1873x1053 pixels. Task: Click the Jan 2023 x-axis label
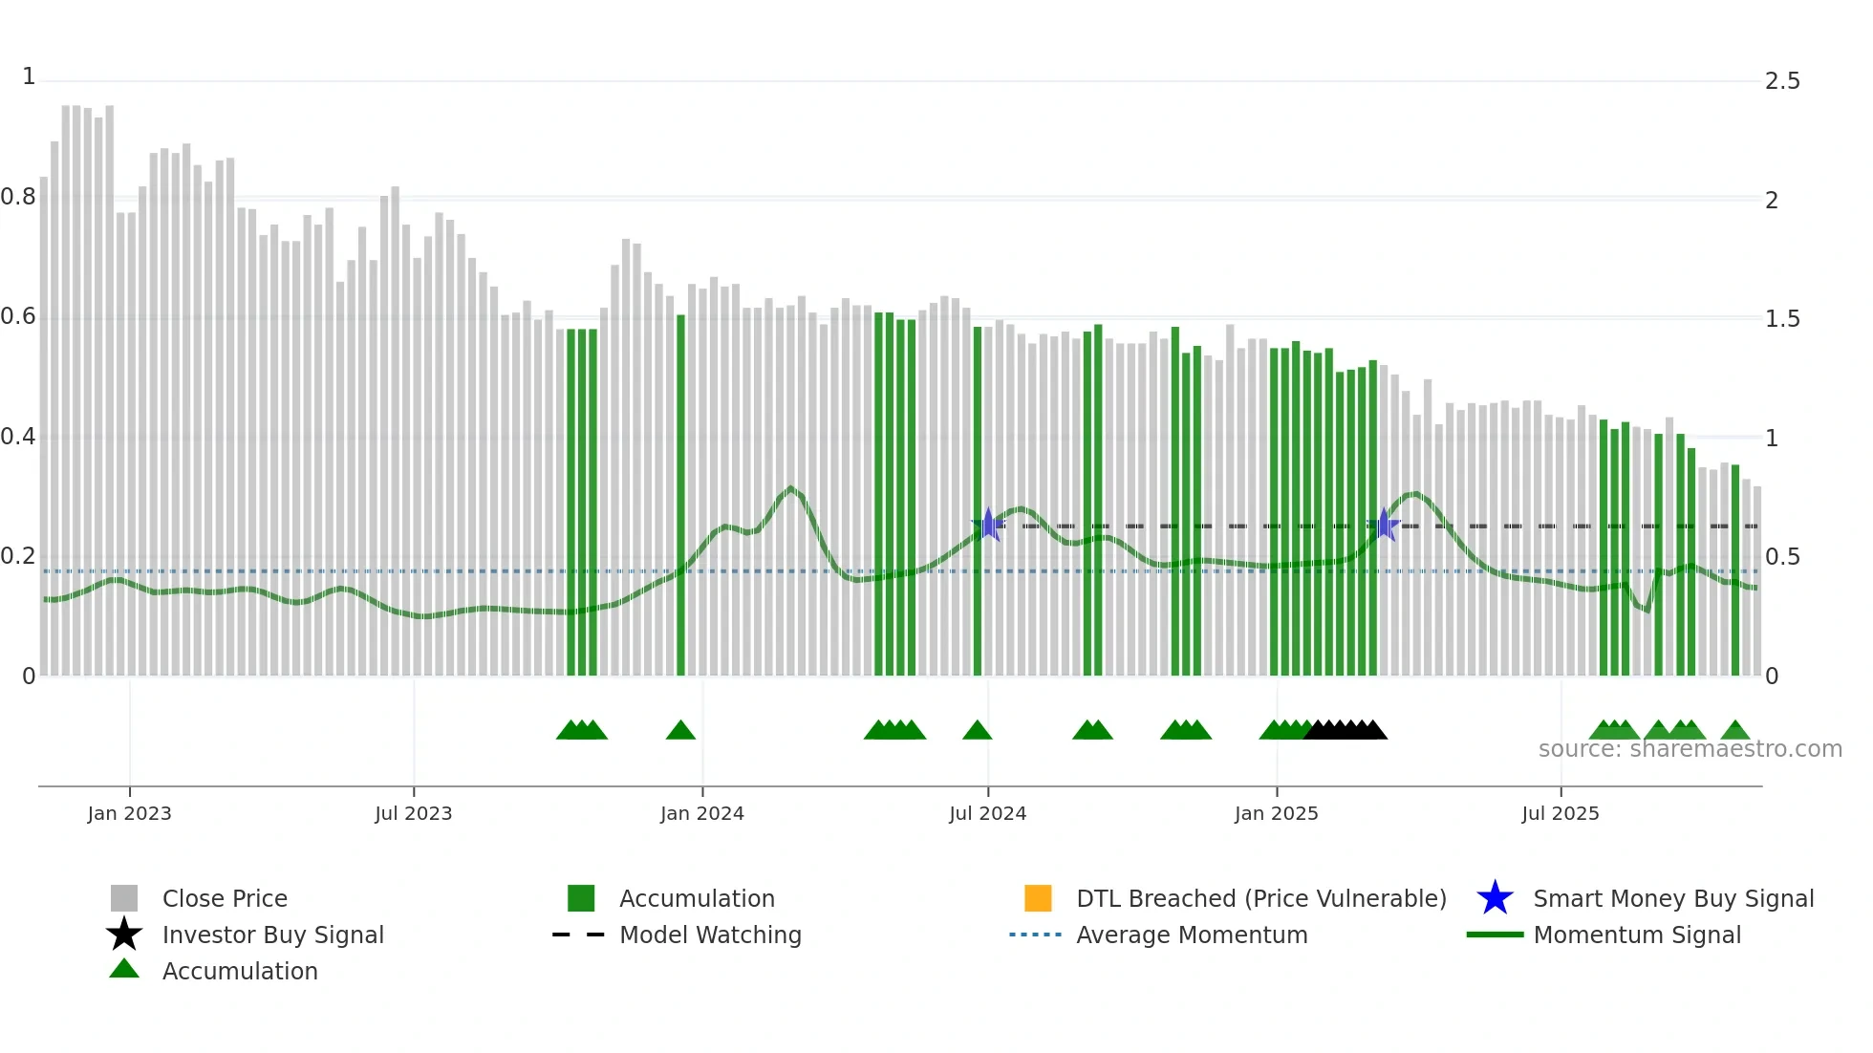(x=129, y=813)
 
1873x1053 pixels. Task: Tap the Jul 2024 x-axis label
(x=987, y=813)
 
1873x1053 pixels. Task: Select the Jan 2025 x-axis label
(x=1276, y=813)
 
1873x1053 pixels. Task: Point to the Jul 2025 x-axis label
(x=1560, y=813)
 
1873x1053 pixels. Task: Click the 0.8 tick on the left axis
(x=18, y=197)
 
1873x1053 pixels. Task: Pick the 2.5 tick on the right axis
(x=1782, y=81)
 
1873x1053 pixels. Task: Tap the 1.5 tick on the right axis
(x=1782, y=319)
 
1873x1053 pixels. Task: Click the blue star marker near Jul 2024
(x=989, y=525)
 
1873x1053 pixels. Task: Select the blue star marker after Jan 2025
(x=1384, y=525)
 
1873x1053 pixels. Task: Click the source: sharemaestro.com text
(x=1690, y=749)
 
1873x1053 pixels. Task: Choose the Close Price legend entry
(x=224, y=898)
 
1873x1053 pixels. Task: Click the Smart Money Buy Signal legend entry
(x=1672, y=898)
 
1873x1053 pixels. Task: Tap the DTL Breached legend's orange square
(x=1038, y=898)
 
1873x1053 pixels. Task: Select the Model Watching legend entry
(x=709, y=935)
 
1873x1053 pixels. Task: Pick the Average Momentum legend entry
(x=1191, y=935)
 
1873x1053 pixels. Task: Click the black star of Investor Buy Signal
(x=124, y=935)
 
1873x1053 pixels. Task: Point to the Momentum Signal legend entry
(x=1636, y=935)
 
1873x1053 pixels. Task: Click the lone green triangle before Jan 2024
(x=680, y=731)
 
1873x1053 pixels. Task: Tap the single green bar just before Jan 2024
(x=680, y=497)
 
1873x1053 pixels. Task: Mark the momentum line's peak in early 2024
(x=790, y=489)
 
